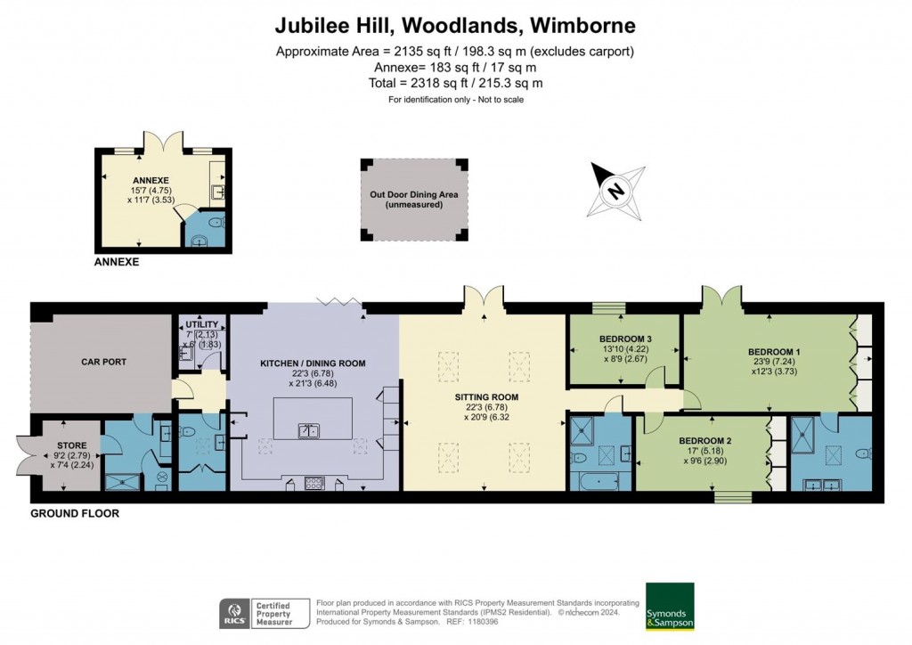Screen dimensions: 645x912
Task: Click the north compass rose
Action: (615, 190)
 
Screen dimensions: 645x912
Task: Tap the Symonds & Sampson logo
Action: (670, 606)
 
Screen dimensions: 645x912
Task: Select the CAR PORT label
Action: (103, 363)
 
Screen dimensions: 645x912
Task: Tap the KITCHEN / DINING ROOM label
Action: (312, 363)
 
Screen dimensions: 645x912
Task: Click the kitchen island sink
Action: (309, 430)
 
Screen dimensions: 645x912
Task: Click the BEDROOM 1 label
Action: (774, 352)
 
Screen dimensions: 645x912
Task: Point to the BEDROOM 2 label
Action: (704, 441)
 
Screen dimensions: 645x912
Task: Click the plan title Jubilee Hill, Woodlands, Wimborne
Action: (455, 24)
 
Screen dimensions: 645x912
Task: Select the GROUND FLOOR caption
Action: (75, 514)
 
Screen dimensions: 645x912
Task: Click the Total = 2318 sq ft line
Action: (455, 83)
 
